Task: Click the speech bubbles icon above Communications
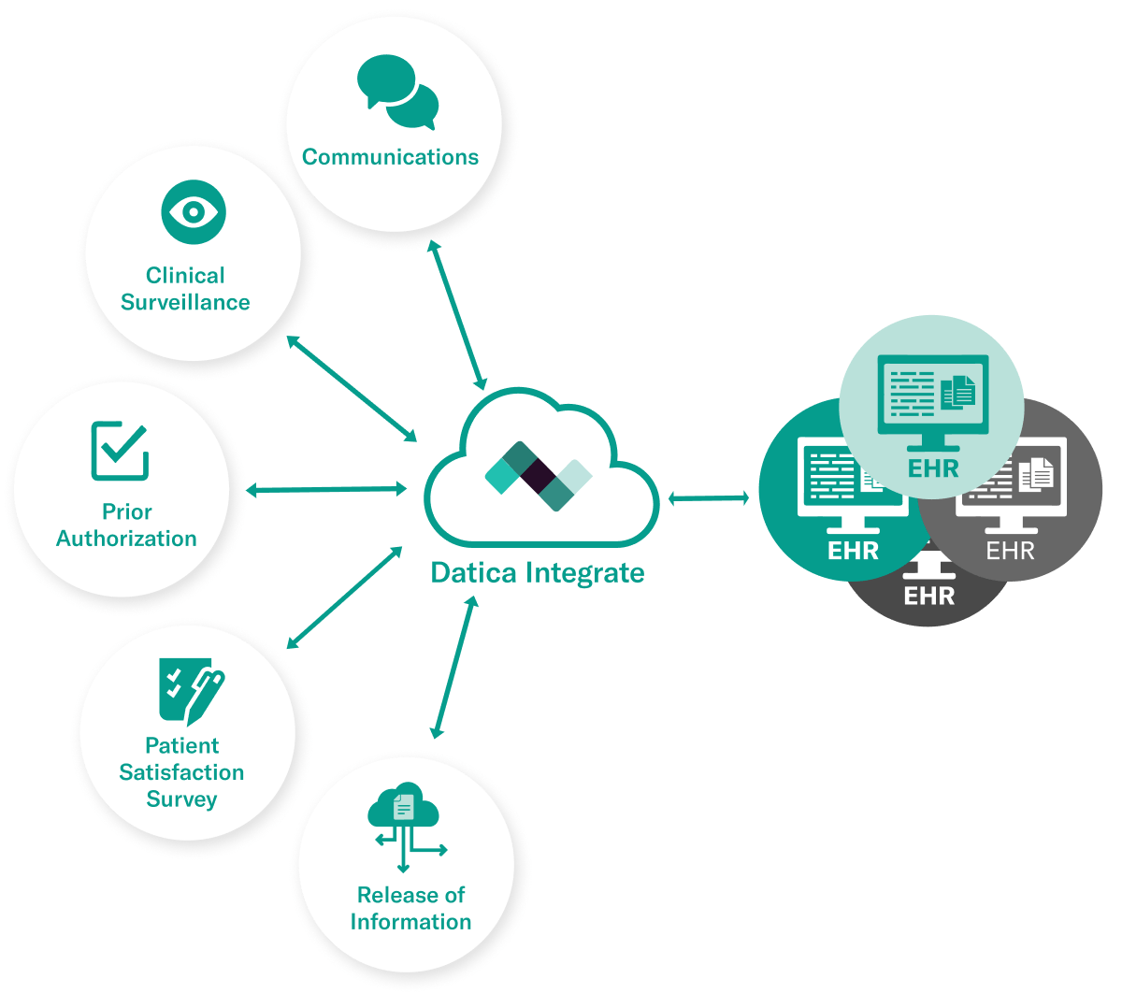click(x=397, y=93)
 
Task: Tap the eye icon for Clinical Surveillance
click(x=193, y=212)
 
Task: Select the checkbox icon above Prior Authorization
click(x=120, y=451)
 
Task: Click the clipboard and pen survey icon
click(x=191, y=691)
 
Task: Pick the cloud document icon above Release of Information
click(x=405, y=816)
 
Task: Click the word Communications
click(x=390, y=157)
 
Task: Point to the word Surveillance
click(x=185, y=302)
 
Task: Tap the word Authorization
click(x=126, y=539)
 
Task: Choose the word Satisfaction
click(x=181, y=772)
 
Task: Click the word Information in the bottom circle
click(x=410, y=922)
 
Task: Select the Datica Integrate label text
click(x=537, y=572)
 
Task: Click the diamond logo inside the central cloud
click(x=539, y=476)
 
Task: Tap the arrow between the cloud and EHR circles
click(x=708, y=498)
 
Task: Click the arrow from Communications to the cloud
click(x=456, y=315)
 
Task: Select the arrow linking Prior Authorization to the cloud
click(x=325, y=489)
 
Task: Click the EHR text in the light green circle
click(x=933, y=468)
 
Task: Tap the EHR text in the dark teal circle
click(x=853, y=550)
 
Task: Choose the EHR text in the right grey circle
click(x=1011, y=550)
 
